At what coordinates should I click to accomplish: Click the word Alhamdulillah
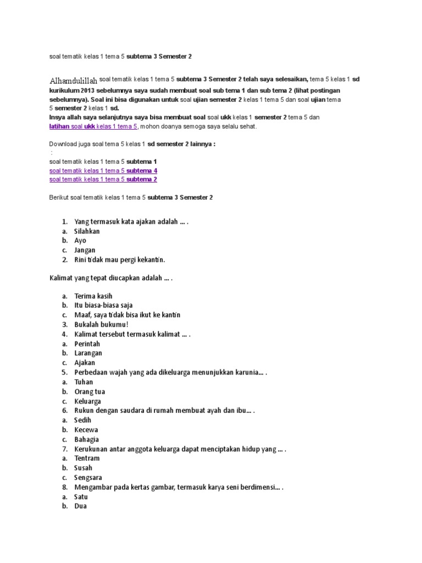point(74,81)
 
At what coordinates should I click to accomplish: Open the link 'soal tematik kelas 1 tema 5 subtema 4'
point(103,170)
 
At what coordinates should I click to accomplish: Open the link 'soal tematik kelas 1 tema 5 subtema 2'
point(103,179)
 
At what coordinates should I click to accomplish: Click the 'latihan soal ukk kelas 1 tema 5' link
point(93,126)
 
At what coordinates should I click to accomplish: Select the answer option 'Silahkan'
point(87,231)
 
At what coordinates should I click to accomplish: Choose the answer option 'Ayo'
point(81,241)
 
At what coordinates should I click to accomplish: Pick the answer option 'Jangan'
point(85,250)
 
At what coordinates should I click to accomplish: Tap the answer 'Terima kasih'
point(93,296)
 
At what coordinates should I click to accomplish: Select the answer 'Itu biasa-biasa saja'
point(103,305)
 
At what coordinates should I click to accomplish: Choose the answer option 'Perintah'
point(88,344)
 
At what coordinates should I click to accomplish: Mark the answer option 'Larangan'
point(88,353)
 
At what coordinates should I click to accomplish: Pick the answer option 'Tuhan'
point(84,382)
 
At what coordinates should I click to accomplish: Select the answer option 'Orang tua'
point(90,391)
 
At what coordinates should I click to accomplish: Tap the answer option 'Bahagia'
point(87,439)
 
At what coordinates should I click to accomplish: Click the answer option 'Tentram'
point(87,458)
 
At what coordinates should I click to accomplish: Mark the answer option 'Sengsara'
point(88,477)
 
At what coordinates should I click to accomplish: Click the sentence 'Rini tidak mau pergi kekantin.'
point(119,260)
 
